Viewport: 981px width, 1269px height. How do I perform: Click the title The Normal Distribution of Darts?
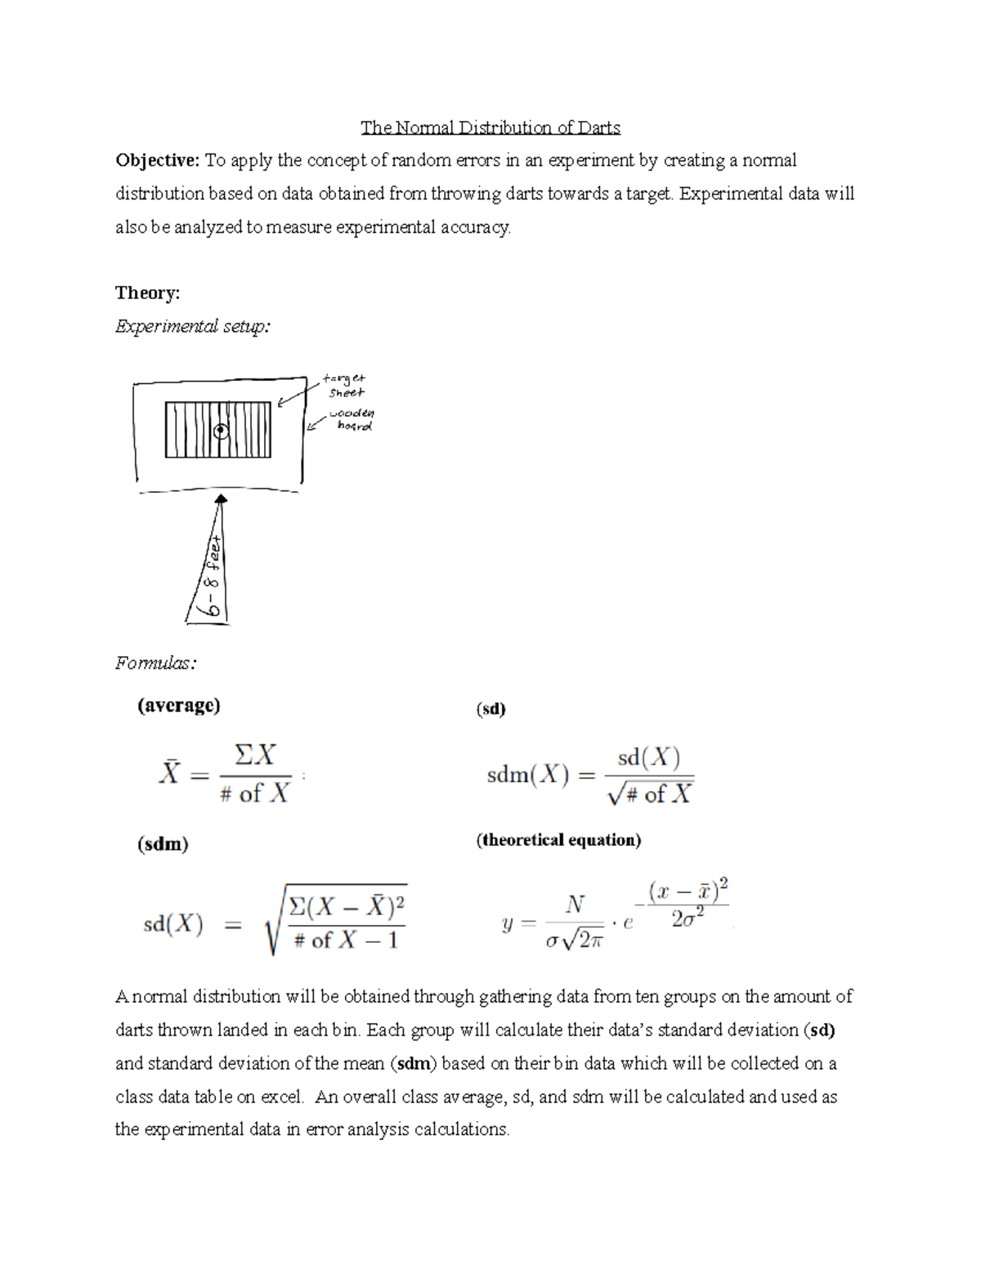click(x=490, y=127)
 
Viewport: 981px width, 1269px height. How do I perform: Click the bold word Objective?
click(x=157, y=160)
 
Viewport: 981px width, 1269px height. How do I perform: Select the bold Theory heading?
click(x=147, y=293)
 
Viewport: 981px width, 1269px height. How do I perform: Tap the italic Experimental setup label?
click(x=192, y=327)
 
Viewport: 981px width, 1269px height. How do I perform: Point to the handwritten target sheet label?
click(x=343, y=385)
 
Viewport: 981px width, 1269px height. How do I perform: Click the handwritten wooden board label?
click(x=352, y=420)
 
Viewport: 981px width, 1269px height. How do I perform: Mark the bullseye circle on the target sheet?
click(x=220, y=431)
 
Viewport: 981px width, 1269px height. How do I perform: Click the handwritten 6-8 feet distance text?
click(x=214, y=576)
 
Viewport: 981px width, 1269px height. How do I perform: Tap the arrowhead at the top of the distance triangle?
click(x=221, y=498)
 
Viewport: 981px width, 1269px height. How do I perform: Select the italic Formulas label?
click(x=155, y=663)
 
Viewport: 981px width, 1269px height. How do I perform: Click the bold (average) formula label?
click(x=178, y=705)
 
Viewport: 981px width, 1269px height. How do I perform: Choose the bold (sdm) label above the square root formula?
click(x=163, y=844)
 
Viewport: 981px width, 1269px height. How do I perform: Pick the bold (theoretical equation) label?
click(x=558, y=840)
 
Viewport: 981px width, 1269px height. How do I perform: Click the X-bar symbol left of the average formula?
click(x=168, y=771)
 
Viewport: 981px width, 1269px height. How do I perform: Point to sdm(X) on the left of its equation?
click(x=527, y=775)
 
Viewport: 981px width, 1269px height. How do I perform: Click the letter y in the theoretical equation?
click(x=508, y=924)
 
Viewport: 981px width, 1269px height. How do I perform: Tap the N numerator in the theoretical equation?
click(x=575, y=905)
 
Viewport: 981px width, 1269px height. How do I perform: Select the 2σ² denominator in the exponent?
click(x=688, y=919)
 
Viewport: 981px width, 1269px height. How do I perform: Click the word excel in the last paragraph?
click(x=281, y=1097)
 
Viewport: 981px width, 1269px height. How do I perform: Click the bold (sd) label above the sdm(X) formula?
click(x=490, y=709)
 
